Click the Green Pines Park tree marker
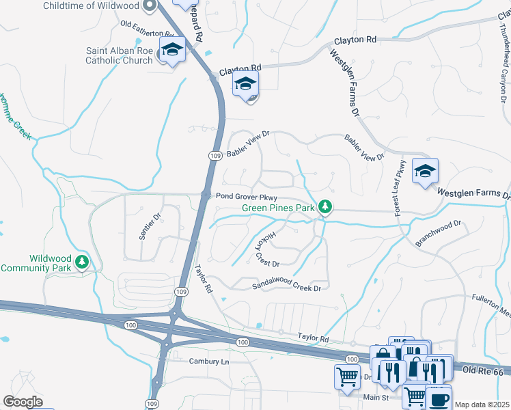pos(326,206)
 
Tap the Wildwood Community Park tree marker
pos(82,262)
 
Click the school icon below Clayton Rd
pos(245,85)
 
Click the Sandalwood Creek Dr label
pos(286,287)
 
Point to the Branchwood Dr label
pos(439,233)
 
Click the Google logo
pos(23,402)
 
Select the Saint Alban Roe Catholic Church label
pos(119,55)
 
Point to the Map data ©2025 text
pos(482,405)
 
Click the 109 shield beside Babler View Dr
pos(215,156)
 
